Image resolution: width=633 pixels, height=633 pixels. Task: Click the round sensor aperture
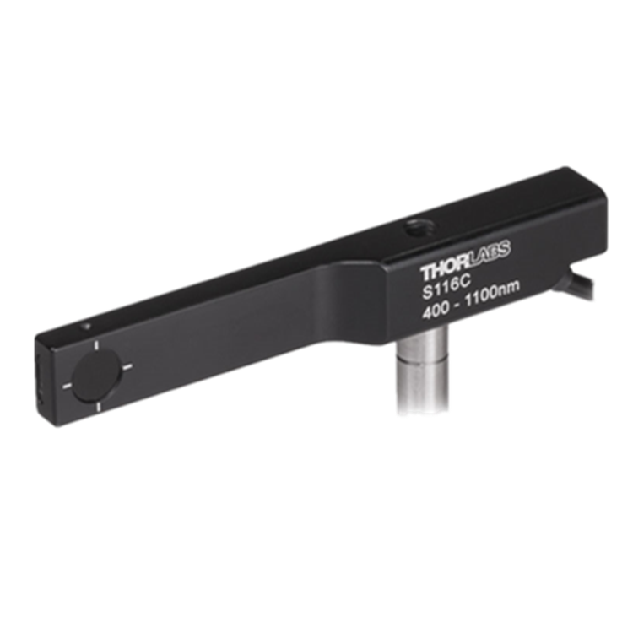[96, 376]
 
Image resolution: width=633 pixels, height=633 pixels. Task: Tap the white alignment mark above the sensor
[96, 345]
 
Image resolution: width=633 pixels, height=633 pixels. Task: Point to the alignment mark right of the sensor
[127, 366]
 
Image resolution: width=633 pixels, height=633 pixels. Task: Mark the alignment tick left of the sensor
[67, 386]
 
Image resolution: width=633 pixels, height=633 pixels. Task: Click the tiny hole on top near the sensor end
[85, 326]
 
